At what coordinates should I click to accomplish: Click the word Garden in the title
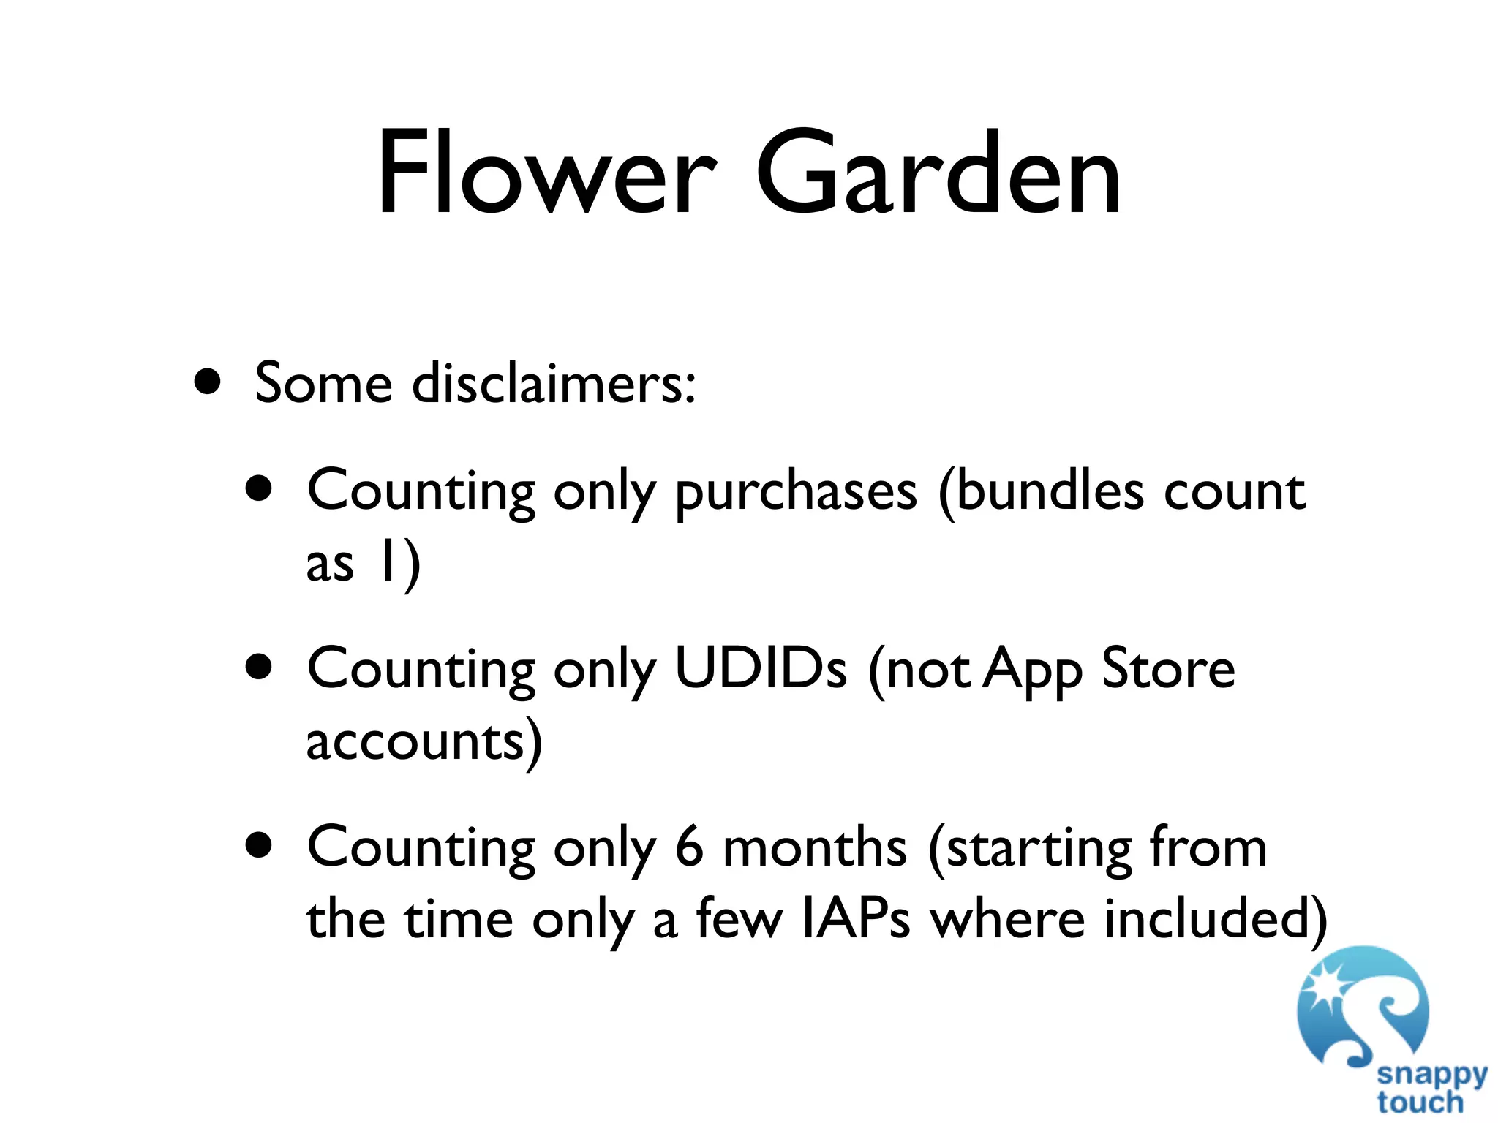pos(938,173)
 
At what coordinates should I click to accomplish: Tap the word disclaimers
pos(554,383)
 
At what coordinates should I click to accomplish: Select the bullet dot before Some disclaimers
pos(208,382)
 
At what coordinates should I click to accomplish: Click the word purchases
pos(796,491)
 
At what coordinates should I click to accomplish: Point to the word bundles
pos(1040,491)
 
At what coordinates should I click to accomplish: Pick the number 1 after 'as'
pos(388,563)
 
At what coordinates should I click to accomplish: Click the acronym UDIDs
pos(761,668)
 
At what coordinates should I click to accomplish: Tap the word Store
pos(1168,668)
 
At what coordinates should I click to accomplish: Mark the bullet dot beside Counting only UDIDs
pos(259,667)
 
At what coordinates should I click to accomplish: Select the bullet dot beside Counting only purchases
pos(259,488)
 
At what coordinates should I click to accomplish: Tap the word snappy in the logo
pos(1431,1075)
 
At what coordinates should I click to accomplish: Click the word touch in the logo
pos(1420,1103)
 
